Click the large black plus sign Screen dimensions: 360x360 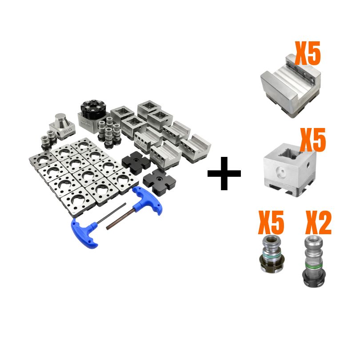coord(224,173)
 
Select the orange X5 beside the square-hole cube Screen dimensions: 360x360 coord(313,140)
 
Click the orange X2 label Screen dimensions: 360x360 coord(318,222)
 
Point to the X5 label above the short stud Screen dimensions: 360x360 coord(271,222)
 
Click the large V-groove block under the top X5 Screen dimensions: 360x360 coord(291,87)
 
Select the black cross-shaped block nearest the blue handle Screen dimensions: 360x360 coord(160,181)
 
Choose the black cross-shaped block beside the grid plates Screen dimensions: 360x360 coord(136,162)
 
